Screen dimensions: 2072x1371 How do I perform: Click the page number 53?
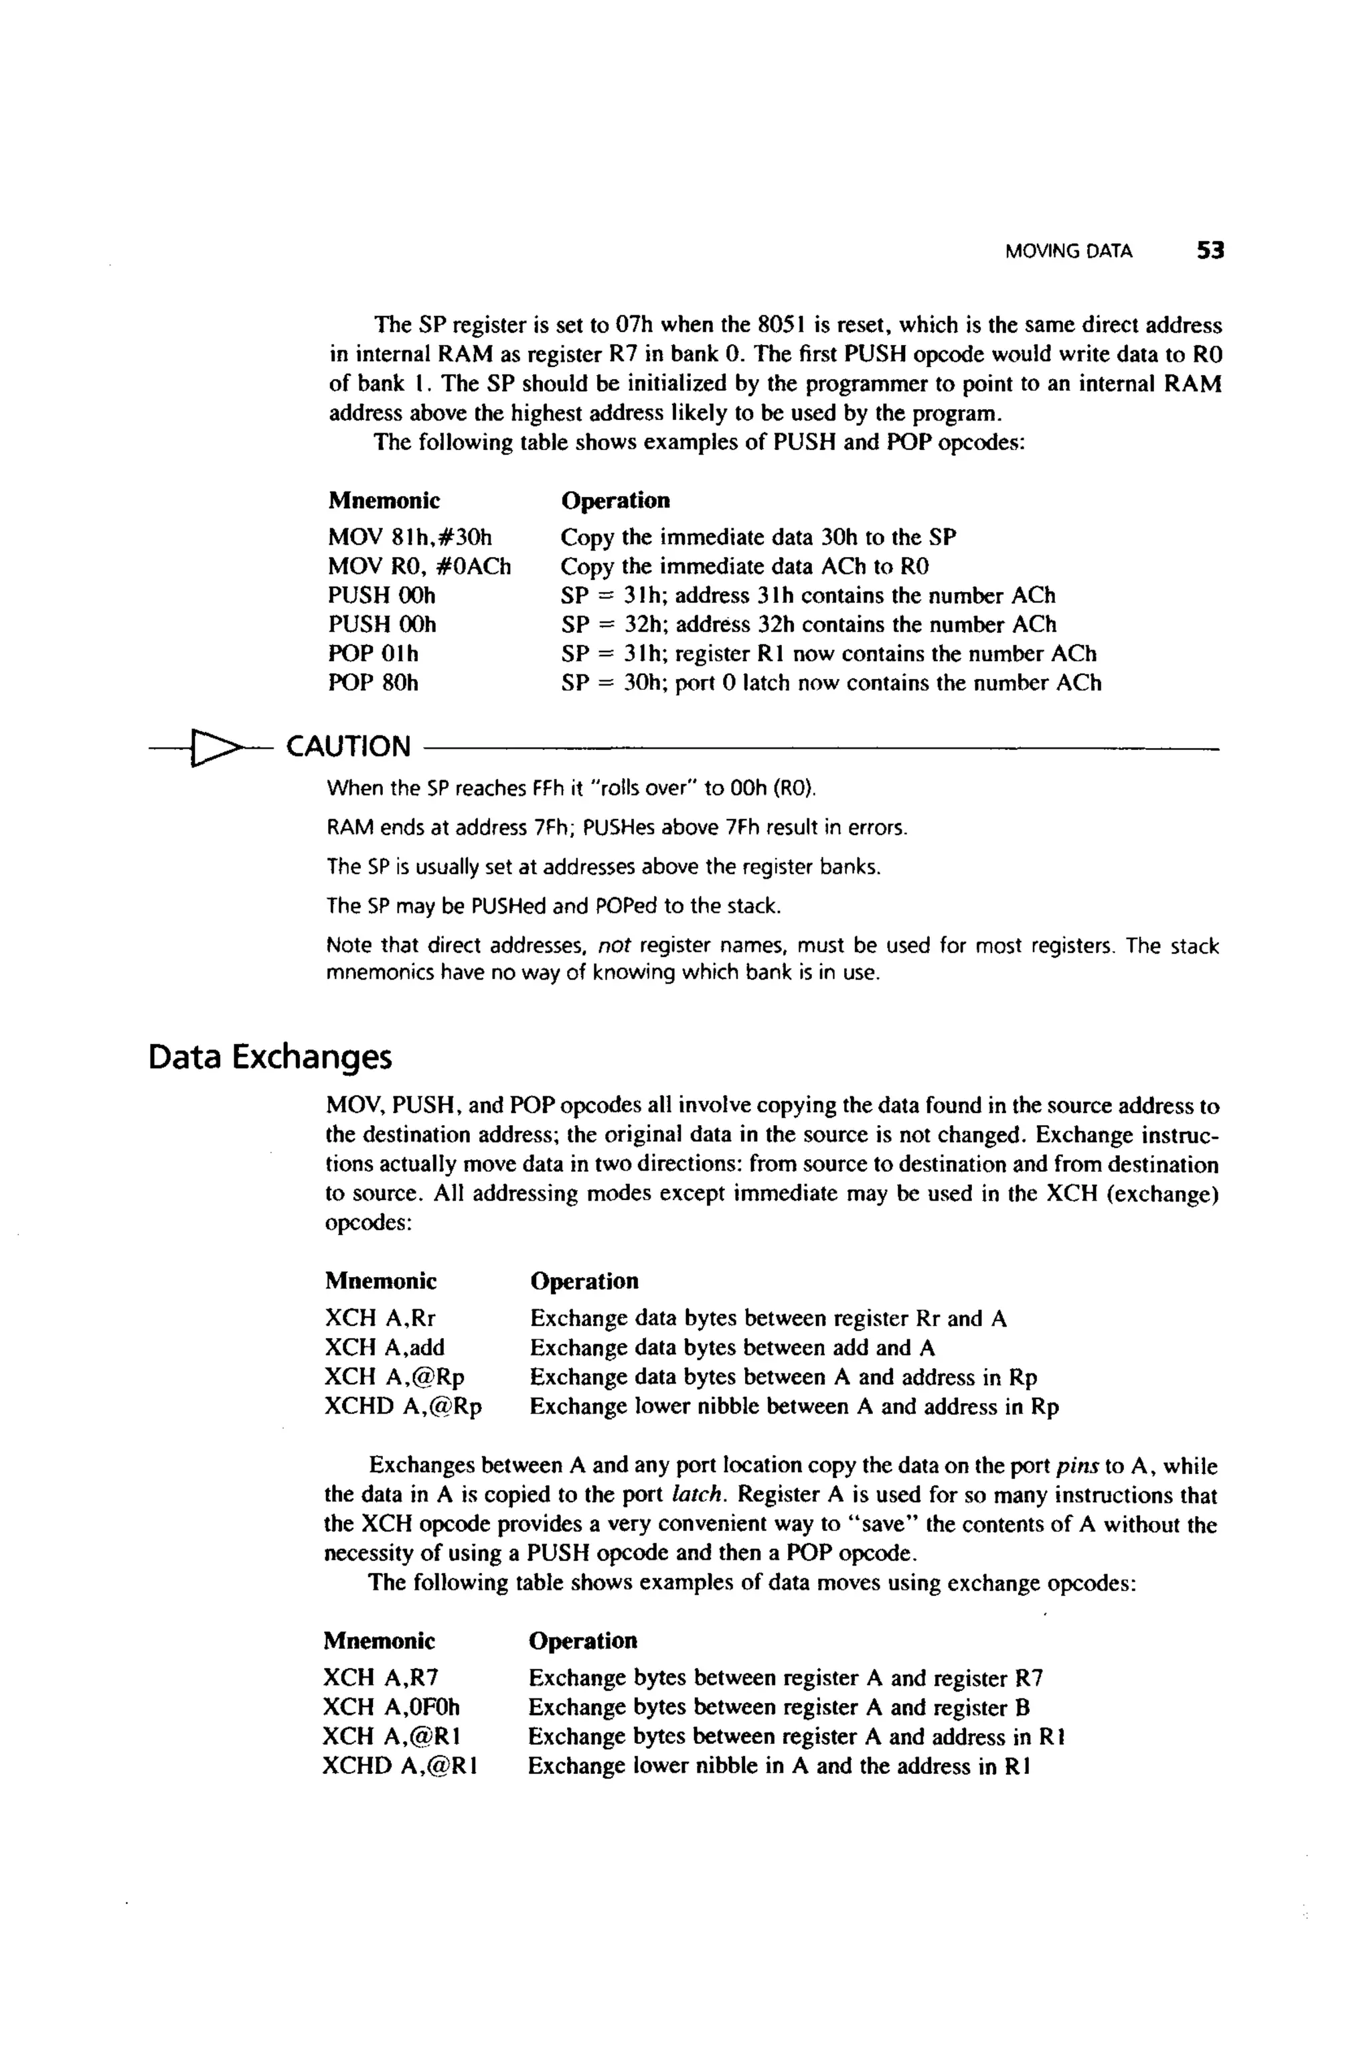tap(1210, 251)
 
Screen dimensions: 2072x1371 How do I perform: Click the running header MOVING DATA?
tap(1068, 252)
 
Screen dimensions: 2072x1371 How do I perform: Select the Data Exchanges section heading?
tap(270, 1057)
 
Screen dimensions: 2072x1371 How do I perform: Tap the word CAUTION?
tap(348, 746)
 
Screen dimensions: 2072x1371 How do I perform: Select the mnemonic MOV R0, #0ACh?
tap(419, 566)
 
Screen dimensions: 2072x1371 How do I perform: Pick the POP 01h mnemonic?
tap(374, 654)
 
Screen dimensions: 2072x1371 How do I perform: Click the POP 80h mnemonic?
tap(374, 682)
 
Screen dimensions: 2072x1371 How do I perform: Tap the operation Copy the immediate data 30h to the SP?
tap(758, 536)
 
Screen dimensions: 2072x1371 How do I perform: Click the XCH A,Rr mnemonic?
tap(380, 1317)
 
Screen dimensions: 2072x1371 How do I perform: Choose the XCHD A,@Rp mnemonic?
tap(403, 1406)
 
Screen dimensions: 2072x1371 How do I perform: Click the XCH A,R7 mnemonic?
tap(380, 1678)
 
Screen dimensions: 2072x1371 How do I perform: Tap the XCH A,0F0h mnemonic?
tap(391, 1706)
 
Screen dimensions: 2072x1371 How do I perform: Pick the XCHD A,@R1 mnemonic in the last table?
tap(400, 1765)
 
